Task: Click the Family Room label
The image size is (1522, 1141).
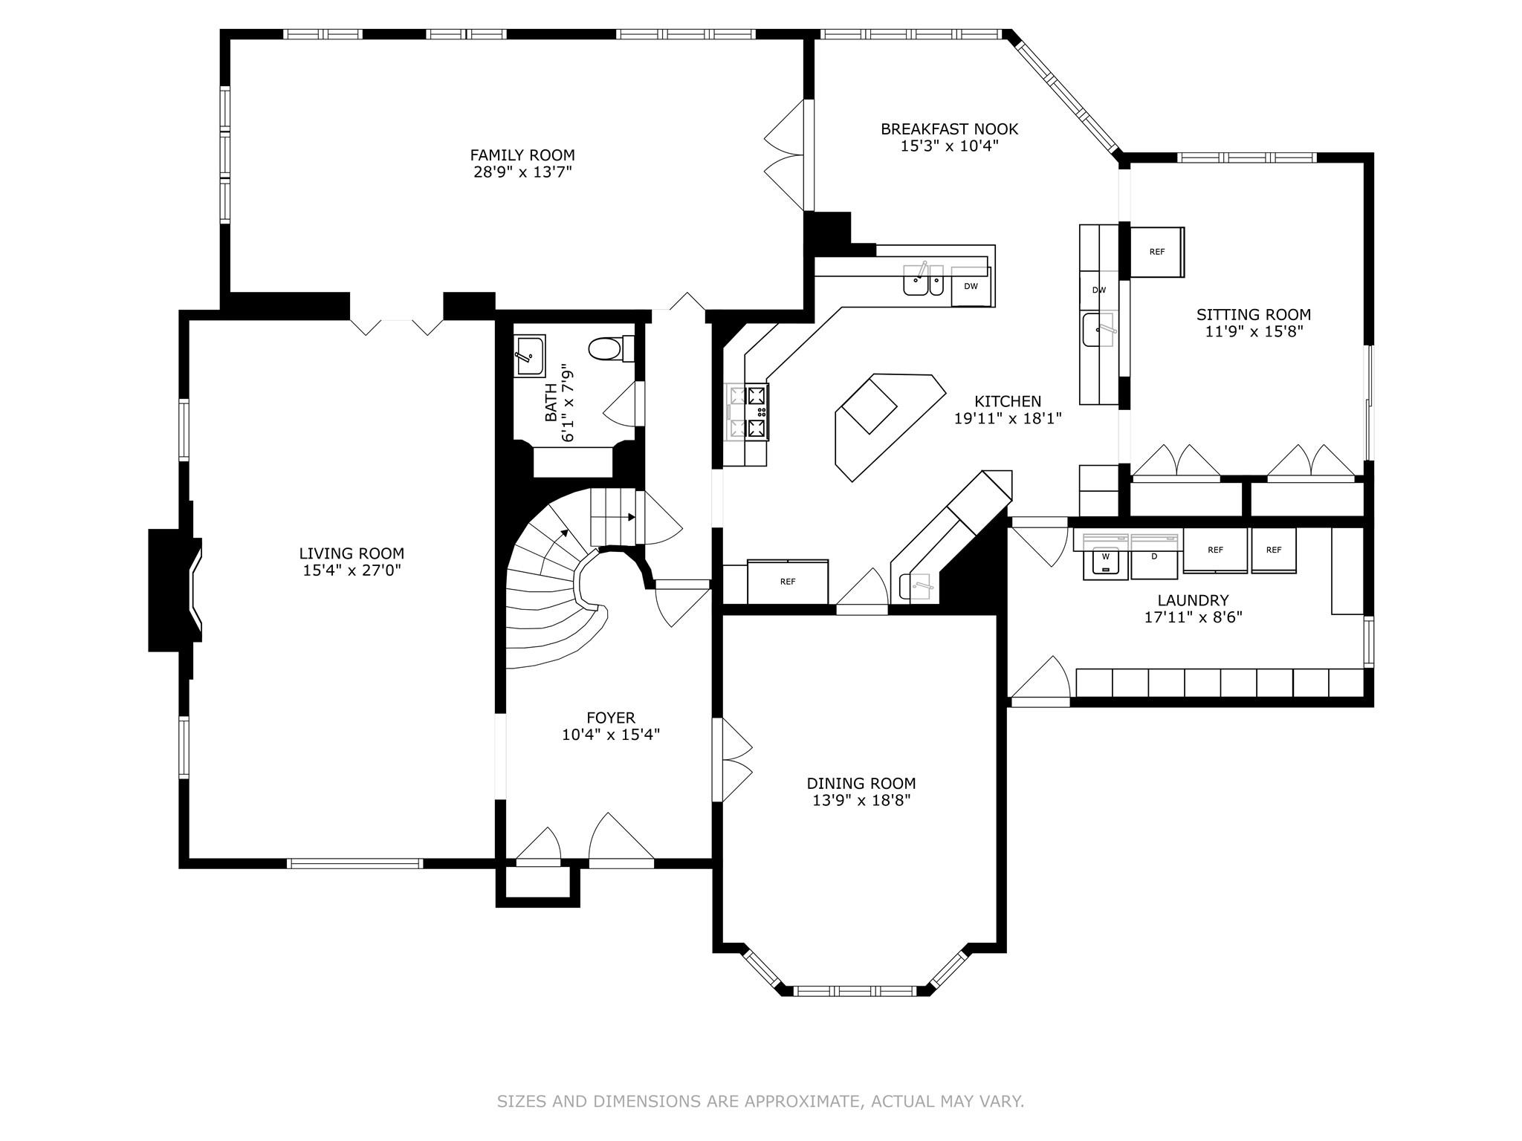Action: (x=522, y=155)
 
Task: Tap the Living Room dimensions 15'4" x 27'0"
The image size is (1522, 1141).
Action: (x=352, y=570)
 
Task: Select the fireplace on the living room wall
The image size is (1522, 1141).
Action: (x=172, y=590)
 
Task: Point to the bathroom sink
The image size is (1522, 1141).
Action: (x=529, y=356)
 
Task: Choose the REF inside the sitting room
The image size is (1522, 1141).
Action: (x=1156, y=252)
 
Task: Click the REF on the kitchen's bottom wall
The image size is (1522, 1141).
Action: (x=787, y=582)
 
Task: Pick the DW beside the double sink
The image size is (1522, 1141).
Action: (x=971, y=286)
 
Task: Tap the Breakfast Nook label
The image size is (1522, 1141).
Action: (x=949, y=129)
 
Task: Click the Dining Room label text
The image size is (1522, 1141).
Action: (x=861, y=783)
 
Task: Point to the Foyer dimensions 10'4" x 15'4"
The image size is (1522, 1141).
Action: (x=610, y=735)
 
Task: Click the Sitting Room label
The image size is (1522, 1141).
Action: (x=1253, y=314)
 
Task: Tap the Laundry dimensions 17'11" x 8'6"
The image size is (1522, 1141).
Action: (x=1193, y=617)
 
